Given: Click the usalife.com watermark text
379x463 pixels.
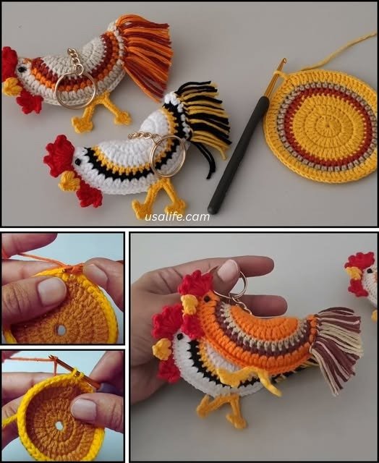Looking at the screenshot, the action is [x=177, y=217].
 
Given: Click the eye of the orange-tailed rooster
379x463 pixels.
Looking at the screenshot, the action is [x=22, y=69].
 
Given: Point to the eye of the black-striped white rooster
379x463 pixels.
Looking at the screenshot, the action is [x=78, y=162].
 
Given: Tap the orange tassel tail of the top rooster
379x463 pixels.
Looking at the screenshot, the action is [x=145, y=53].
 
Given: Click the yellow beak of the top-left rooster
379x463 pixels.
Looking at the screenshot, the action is [x=12, y=87].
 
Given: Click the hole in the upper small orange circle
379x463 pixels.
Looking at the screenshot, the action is [x=61, y=330].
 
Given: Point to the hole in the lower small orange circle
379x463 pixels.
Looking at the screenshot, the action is [x=59, y=425].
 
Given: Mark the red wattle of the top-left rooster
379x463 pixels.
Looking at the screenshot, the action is [x=29, y=102].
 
